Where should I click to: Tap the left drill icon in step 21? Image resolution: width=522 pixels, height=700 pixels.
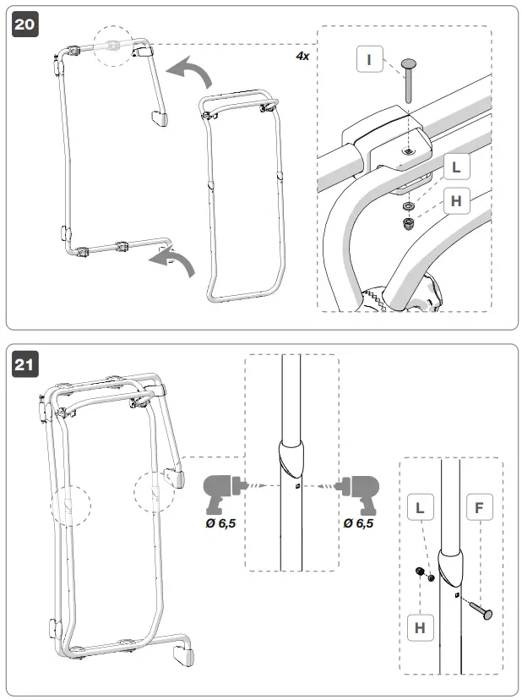coord(222,490)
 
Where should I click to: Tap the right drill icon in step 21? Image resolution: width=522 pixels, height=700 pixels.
coord(358,490)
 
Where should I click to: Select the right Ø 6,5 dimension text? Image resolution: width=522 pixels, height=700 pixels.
coord(359,524)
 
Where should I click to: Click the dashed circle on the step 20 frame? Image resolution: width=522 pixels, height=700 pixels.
coord(114,46)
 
